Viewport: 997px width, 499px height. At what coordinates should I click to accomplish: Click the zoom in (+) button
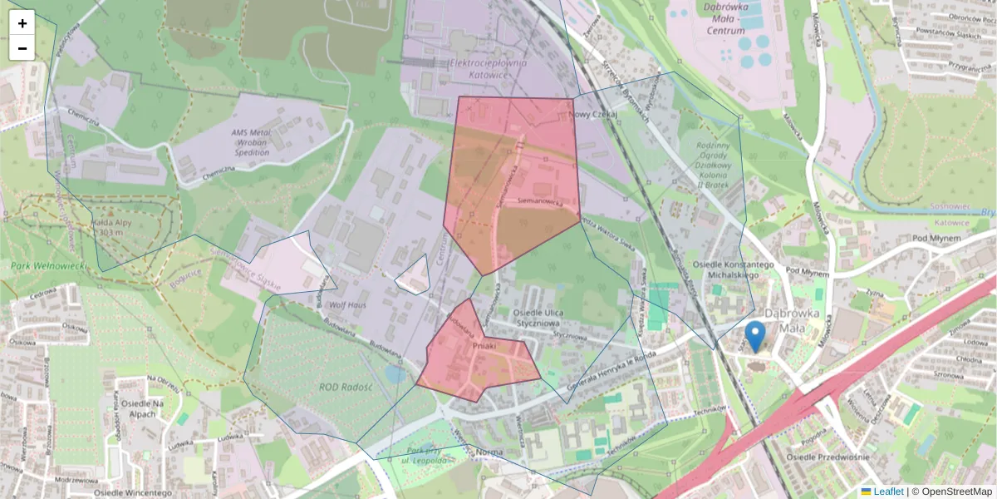click(x=22, y=23)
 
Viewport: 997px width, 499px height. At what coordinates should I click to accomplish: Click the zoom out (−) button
click(x=22, y=48)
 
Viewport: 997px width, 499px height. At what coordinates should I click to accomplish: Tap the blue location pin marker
click(x=754, y=336)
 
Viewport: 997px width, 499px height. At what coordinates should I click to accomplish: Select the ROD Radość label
click(x=346, y=388)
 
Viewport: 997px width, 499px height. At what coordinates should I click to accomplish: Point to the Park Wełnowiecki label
click(x=51, y=266)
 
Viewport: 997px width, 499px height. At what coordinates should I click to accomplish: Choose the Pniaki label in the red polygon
click(x=484, y=344)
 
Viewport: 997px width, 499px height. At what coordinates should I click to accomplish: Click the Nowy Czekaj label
click(x=596, y=116)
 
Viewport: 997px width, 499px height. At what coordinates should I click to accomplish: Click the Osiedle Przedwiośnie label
click(x=829, y=457)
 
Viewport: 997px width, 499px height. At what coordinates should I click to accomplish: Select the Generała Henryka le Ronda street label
click(x=607, y=376)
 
